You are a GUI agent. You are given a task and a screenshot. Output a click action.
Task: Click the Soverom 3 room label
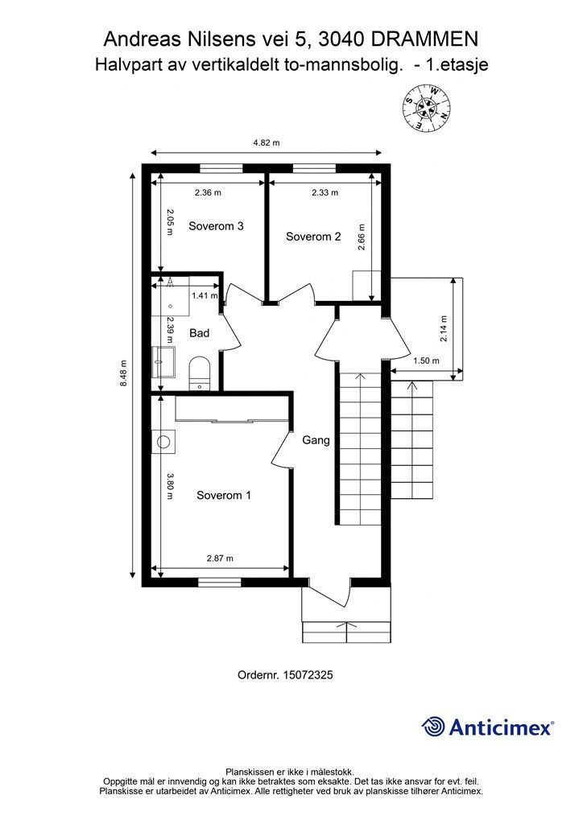(x=216, y=226)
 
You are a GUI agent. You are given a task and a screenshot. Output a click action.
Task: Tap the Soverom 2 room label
(x=313, y=237)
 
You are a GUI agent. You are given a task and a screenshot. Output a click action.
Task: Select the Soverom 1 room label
(x=224, y=496)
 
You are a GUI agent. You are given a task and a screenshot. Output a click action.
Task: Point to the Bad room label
(x=200, y=332)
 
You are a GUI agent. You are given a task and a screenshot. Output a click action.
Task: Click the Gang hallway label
(x=316, y=440)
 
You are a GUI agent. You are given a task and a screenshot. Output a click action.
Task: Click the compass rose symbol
(x=426, y=109)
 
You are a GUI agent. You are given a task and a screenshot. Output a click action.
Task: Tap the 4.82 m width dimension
(x=266, y=143)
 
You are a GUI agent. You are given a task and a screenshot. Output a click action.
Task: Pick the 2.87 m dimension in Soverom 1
(x=219, y=558)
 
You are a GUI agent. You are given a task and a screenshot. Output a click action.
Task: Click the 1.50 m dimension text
(x=425, y=361)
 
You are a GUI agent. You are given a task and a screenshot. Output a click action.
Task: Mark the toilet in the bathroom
(x=199, y=373)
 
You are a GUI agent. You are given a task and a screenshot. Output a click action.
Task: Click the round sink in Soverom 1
(x=164, y=441)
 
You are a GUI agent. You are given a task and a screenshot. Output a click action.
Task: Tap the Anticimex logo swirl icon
(x=433, y=727)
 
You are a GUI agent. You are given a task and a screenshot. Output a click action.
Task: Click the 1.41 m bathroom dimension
(x=204, y=295)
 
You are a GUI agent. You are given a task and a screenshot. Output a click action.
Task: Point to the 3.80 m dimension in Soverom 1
(x=170, y=486)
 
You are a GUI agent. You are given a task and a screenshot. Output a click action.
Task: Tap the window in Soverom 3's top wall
(x=221, y=168)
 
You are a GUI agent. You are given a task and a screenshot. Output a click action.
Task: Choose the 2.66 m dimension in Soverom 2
(x=362, y=237)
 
